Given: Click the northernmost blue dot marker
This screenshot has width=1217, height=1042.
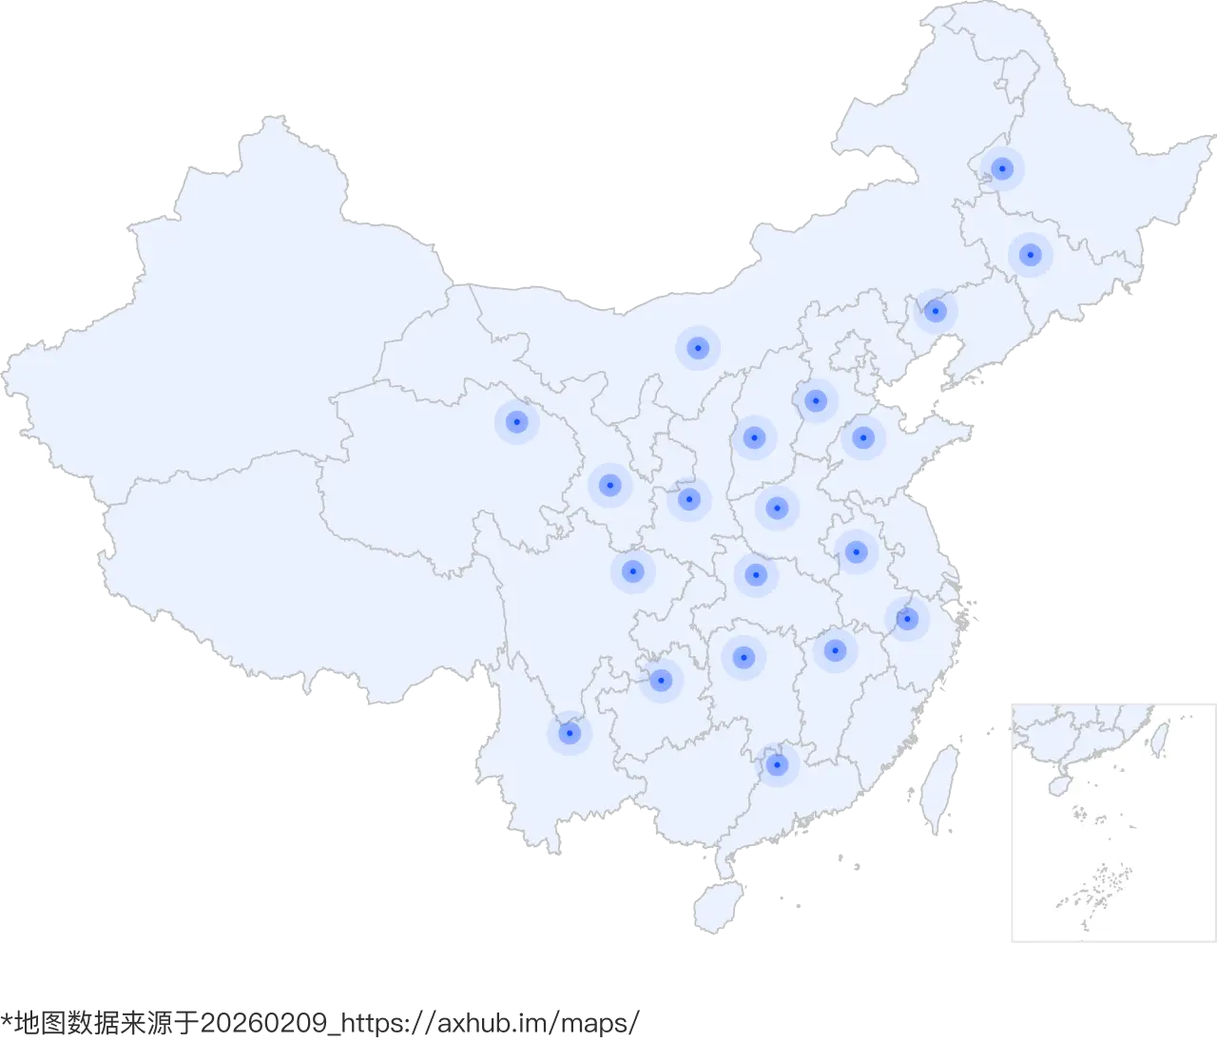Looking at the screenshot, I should pyautogui.click(x=1001, y=169).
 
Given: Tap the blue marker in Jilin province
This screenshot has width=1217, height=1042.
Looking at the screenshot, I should pyautogui.click(x=1029, y=255).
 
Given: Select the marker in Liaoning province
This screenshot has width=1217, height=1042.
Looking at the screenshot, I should pyautogui.click(x=936, y=311).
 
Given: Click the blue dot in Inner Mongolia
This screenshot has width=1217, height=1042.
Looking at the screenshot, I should pyautogui.click(x=698, y=348).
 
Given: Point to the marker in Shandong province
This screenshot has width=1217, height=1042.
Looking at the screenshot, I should pyautogui.click(x=862, y=437).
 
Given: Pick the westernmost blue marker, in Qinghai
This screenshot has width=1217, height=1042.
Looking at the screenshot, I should pyautogui.click(x=516, y=421).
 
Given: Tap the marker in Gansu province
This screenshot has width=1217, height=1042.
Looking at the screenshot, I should pyautogui.click(x=609, y=485).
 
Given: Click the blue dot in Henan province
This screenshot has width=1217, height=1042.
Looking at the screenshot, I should pyautogui.click(x=777, y=508).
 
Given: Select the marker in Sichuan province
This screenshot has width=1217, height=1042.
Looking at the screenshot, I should pyautogui.click(x=632, y=571).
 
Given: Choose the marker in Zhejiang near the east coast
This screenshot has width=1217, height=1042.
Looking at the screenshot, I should pyautogui.click(x=907, y=619).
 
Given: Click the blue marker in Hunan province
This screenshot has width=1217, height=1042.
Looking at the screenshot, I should pyautogui.click(x=744, y=656).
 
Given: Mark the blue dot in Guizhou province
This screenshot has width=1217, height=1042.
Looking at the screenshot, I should pyautogui.click(x=662, y=680).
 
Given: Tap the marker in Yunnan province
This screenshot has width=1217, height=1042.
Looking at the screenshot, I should pyautogui.click(x=569, y=733).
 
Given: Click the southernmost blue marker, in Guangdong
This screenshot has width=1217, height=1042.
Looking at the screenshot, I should pyautogui.click(x=777, y=764).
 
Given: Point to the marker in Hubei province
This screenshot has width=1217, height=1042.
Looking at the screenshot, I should pyautogui.click(x=756, y=573).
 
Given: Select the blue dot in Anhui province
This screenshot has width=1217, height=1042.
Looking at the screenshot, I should pyautogui.click(x=856, y=550).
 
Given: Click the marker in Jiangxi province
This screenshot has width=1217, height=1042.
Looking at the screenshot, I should pyautogui.click(x=835, y=650).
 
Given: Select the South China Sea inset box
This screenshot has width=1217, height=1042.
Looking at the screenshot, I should pyautogui.click(x=1110, y=821).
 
